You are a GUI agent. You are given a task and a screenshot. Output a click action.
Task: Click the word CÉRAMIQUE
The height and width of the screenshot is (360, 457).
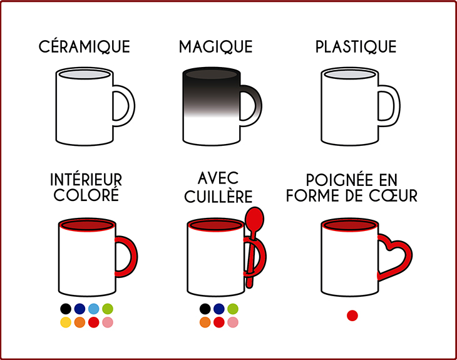(85, 46)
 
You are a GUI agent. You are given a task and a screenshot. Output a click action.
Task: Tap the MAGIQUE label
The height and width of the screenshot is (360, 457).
(216, 46)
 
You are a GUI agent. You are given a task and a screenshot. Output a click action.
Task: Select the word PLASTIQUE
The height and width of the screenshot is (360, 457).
(356, 46)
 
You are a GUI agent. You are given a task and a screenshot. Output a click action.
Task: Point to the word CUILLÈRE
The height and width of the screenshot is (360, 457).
(218, 197)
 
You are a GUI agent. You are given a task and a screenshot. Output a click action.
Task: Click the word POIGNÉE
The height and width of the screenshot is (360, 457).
(339, 180)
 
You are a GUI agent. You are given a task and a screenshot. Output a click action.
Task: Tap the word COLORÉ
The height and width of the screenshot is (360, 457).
(86, 195)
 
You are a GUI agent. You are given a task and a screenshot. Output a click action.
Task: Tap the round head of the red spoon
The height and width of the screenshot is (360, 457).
(254, 219)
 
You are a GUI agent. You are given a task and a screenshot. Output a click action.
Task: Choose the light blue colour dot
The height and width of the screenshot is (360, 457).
(93, 309)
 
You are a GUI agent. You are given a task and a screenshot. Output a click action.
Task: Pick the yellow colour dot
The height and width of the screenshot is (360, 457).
(66, 322)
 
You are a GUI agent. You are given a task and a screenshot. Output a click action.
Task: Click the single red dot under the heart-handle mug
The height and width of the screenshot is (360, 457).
(352, 316)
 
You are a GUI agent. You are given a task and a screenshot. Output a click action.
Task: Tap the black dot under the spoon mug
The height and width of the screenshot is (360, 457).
(205, 309)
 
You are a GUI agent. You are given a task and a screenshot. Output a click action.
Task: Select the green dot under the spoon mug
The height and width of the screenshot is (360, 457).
(233, 309)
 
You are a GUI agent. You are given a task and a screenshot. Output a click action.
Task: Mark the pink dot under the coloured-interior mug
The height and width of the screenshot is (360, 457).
(108, 322)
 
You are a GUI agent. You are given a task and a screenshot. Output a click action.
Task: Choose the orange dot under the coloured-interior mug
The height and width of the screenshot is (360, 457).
(80, 322)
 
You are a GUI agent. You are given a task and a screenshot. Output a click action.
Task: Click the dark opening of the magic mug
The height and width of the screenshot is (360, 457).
(212, 75)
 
